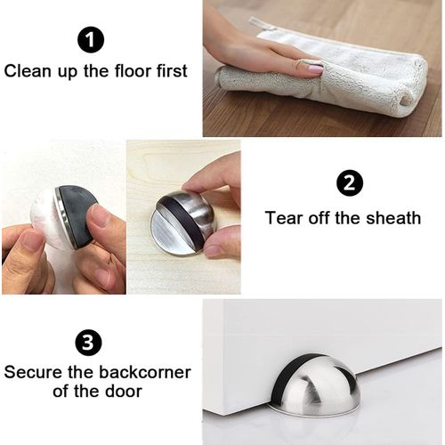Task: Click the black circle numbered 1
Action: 91,40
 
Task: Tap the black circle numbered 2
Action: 350,183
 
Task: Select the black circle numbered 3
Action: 88,343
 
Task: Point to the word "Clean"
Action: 27,71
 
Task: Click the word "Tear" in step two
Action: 284,218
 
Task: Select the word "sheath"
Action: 393,218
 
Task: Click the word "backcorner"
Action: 144,372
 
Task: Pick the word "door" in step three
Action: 124,391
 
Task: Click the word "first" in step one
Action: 172,71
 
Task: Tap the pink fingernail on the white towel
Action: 316,69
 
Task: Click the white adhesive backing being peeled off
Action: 47,221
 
